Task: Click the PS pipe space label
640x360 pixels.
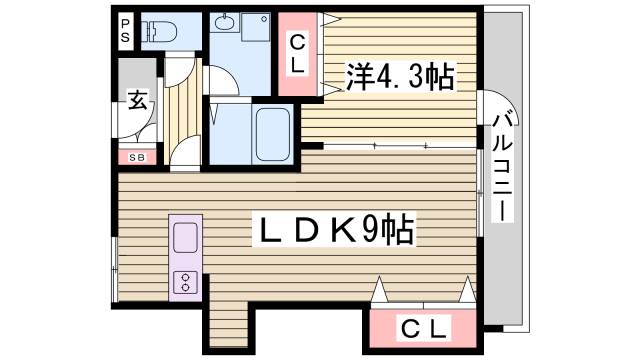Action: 126,30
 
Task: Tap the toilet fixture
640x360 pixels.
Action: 160,31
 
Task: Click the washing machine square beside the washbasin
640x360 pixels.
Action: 254,27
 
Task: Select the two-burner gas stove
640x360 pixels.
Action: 186,282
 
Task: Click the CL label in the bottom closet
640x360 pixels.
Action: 424,327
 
